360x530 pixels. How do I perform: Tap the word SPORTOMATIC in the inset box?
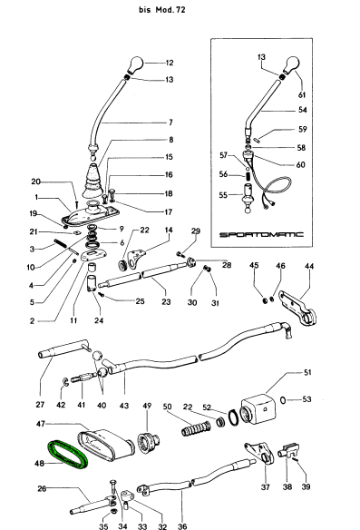tap(261, 234)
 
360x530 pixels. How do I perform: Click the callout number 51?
tap(307, 372)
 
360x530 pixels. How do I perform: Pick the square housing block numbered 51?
tap(258, 408)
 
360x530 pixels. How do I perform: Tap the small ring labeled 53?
tap(283, 400)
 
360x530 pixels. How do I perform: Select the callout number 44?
tap(309, 266)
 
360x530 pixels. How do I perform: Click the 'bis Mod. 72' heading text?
tap(162, 9)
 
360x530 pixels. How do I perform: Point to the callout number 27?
tap(40, 404)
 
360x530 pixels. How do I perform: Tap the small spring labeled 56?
tap(248, 177)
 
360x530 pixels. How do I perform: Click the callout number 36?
tap(182, 526)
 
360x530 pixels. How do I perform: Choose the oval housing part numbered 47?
tap(105, 444)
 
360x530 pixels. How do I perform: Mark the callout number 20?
tap(35, 182)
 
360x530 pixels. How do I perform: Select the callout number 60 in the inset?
tap(300, 164)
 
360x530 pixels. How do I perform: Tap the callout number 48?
tap(39, 463)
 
